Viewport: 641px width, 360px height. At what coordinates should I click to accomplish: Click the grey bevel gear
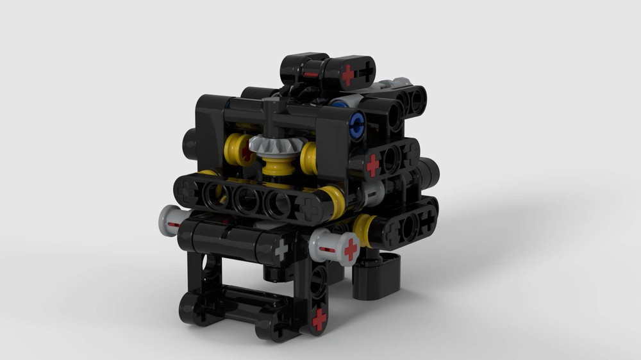coord(269,149)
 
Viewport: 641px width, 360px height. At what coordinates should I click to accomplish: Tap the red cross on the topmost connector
coord(347,75)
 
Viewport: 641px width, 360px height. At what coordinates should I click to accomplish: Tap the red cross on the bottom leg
coord(319,320)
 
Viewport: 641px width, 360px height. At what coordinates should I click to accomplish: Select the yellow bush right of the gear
coord(310,158)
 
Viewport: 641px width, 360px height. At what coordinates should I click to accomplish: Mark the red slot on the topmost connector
coord(311,75)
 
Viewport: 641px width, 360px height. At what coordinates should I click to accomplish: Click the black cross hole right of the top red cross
coord(366,74)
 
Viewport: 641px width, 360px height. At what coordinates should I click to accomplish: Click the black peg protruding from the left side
coord(190,143)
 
